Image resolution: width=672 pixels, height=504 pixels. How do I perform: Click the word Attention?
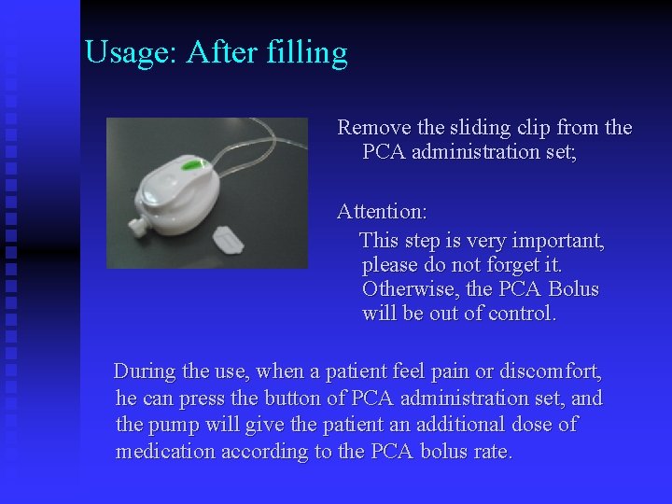point(381,213)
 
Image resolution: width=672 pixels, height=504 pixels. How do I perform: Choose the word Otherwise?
point(409,289)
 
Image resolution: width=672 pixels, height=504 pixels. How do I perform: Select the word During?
point(144,371)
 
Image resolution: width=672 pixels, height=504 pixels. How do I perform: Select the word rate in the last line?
point(494,452)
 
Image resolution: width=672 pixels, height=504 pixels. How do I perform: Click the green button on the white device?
point(193,166)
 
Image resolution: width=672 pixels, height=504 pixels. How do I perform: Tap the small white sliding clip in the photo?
point(228,239)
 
